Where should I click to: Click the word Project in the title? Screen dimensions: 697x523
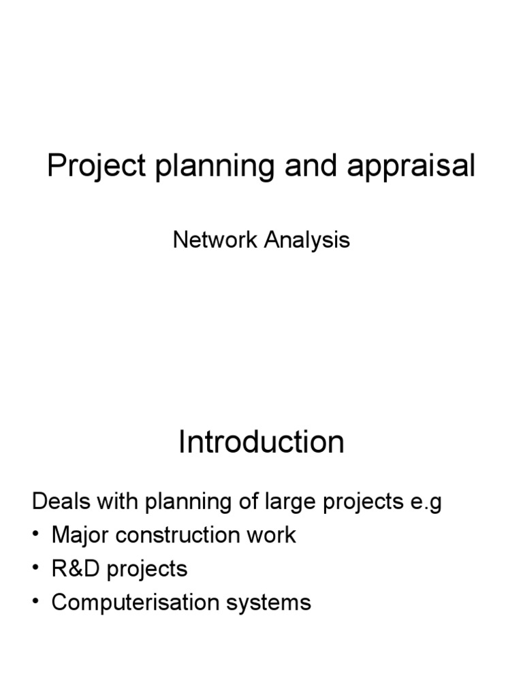pyautogui.click(x=96, y=167)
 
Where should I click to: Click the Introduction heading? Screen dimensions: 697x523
pyautogui.click(x=261, y=442)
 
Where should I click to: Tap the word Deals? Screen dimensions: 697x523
pyautogui.click(x=62, y=502)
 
